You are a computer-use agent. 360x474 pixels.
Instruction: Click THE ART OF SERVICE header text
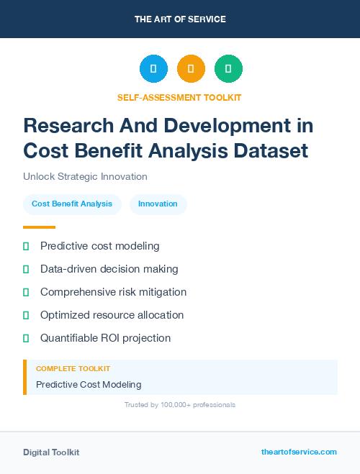point(180,19)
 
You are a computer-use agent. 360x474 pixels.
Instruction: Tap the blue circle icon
point(153,69)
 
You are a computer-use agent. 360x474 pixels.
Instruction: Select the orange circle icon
point(191,69)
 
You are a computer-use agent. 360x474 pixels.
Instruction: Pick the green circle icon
point(228,69)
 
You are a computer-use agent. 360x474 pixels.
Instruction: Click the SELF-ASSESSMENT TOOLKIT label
point(179,97)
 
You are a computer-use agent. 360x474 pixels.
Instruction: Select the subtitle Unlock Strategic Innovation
point(85,176)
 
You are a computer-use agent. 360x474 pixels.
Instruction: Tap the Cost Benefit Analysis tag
point(72,204)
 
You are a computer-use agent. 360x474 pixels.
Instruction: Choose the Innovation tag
point(158,204)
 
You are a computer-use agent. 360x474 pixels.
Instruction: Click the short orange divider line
point(39,227)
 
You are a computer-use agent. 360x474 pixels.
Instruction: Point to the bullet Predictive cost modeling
point(99,246)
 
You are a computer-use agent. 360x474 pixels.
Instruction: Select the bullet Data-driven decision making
point(109,269)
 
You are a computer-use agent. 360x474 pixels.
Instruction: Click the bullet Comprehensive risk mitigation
point(113,292)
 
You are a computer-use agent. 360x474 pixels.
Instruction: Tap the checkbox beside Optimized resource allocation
point(26,315)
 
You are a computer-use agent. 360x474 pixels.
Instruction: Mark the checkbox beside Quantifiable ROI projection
point(26,338)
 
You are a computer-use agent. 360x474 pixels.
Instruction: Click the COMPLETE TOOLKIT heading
point(73,368)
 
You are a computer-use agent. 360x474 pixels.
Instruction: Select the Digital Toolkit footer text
point(51,452)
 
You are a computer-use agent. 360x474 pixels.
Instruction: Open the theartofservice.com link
point(299,452)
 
